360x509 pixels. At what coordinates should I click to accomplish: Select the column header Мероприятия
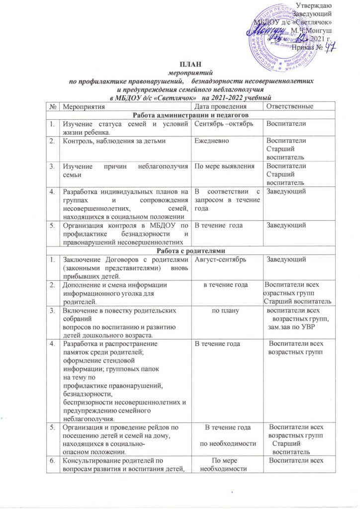point(82,106)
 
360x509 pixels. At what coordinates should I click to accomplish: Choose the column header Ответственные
point(290,106)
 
